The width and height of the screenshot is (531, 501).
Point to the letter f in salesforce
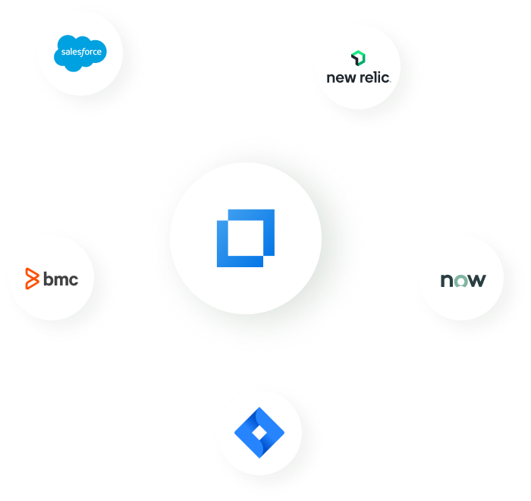click(x=83, y=52)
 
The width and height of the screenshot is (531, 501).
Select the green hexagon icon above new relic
click(x=358, y=58)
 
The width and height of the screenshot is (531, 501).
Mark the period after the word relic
click(x=390, y=80)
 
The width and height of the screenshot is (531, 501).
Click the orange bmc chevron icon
click(x=31, y=279)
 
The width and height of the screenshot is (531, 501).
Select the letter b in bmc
click(x=48, y=279)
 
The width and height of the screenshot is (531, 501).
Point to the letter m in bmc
click(x=60, y=280)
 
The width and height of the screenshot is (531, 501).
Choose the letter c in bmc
click(x=72, y=280)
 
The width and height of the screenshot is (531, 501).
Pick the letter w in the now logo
click(x=476, y=281)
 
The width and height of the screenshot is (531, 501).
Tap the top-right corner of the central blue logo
click(x=273, y=210)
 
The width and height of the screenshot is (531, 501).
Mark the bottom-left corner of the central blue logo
click(x=218, y=266)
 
